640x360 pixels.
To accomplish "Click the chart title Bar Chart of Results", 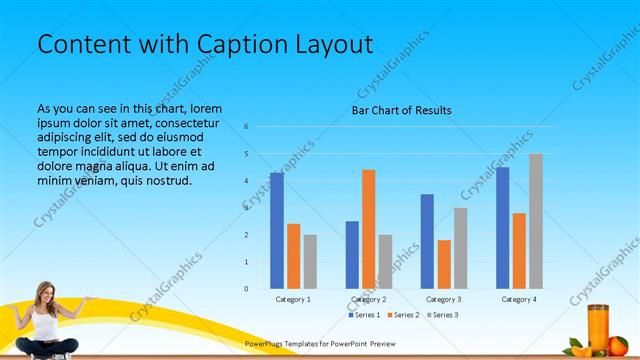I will point(400,110).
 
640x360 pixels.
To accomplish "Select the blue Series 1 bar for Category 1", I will point(277,230).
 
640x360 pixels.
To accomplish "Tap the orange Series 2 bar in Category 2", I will point(369,229).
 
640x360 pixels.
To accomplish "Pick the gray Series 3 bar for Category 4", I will point(536,221).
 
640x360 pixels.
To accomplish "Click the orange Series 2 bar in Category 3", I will point(444,264).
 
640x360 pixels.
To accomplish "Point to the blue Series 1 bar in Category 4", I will point(502,228).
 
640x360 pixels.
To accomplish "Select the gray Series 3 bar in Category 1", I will point(310,262).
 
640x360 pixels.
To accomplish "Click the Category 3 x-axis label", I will point(444,299).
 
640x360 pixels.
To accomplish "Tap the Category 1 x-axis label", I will point(293,299).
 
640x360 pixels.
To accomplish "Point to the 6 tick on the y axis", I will point(246,127).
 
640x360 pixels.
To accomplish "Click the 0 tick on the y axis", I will point(246,289).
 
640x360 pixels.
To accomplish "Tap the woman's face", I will point(44,292).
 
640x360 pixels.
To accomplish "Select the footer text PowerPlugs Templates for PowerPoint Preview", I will point(320,342).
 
